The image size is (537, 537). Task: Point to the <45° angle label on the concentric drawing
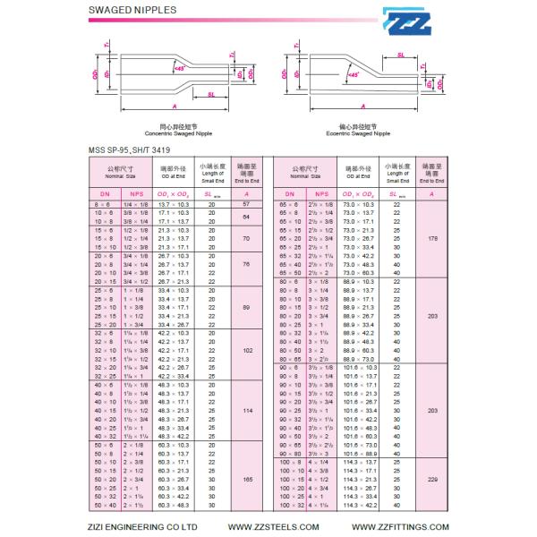[x=179, y=68]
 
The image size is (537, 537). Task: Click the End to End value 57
[x=246, y=205]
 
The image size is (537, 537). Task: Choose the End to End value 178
[x=433, y=239]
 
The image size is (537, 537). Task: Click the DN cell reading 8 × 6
[x=104, y=205]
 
